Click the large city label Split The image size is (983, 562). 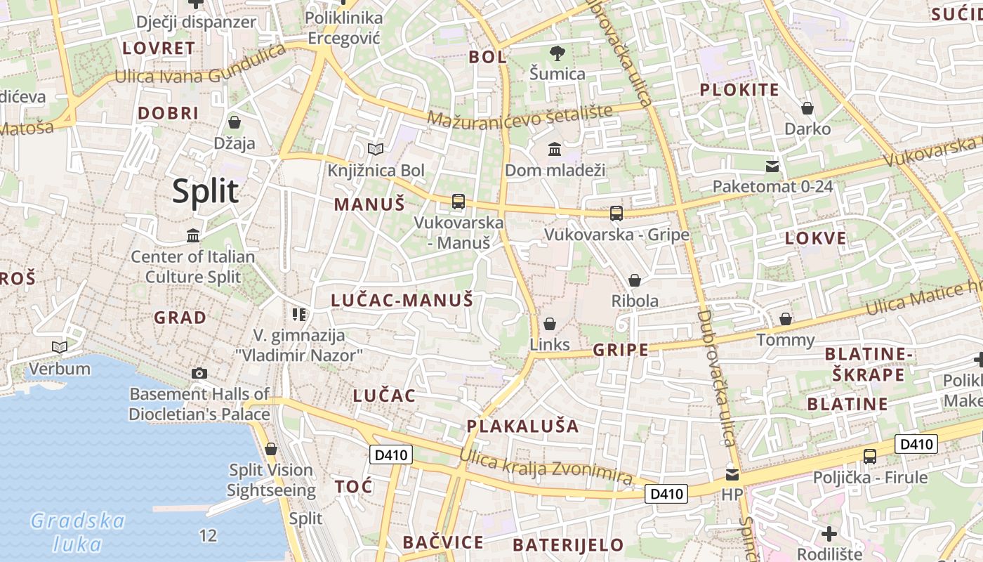click(x=205, y=191)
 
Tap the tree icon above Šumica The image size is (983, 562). click(x=558, y=53)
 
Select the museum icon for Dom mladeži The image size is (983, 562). click(x=555, y=149)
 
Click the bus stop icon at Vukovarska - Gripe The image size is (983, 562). click(x=616, y=213)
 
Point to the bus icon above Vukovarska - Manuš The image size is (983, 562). click(x=458, y=202)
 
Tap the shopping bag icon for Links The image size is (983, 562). click(x=550, y=323)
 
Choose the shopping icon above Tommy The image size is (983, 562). click(x=786, y=319)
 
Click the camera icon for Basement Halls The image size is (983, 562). click(x=199, y=373)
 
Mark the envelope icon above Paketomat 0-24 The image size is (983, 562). click(x=772, y=166)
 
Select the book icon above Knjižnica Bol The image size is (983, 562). click(x=376, y=149)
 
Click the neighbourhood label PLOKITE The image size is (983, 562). click(x=739, y=90)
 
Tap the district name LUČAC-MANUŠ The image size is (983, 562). click(x=402, y=301)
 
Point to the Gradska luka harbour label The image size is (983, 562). click(x=77, y=532)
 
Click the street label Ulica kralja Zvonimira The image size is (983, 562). click(x=546, y=469)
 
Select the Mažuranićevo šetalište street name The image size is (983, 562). click(x=520, y=116)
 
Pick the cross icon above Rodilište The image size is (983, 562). click(x=829, y=533)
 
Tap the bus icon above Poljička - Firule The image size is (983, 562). click(x=870, y=456)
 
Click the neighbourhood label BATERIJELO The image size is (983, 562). click(x=568, y=544)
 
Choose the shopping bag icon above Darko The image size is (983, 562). click(x=807, y=108)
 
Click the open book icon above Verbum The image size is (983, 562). click(x=60, y=347)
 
